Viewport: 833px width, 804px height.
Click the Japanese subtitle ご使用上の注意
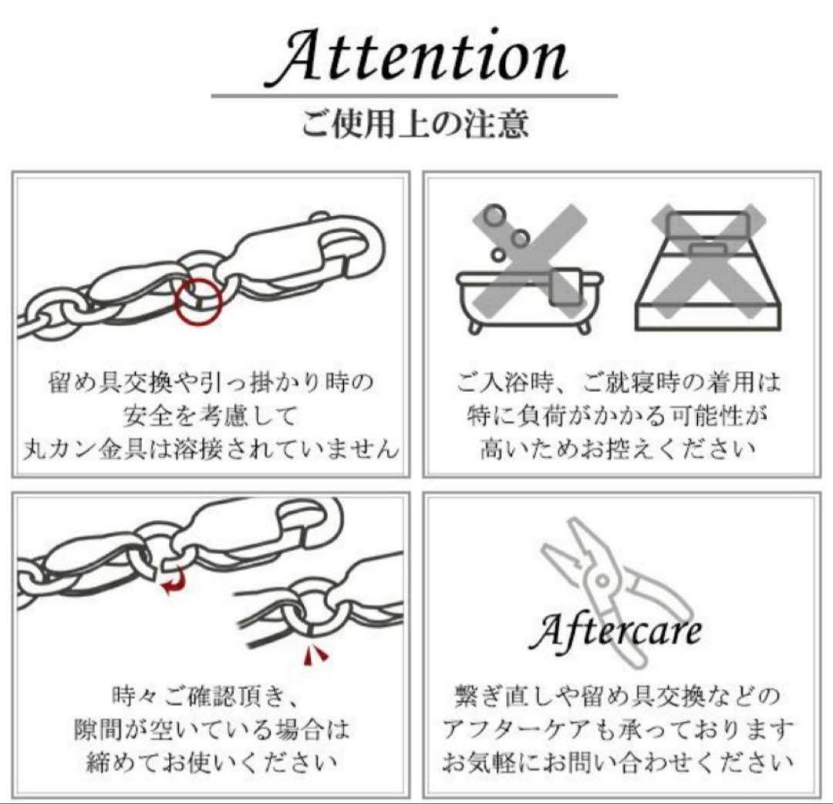(x=415, y=124)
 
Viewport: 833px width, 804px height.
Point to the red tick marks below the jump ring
(x=314, y=655)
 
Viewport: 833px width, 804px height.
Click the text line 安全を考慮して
(x=209, y=416)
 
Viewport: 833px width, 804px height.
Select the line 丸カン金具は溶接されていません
(x=209, y=448)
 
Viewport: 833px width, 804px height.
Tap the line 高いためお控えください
(x=617, y=448)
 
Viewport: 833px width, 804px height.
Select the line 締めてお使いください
(x=209, y=762)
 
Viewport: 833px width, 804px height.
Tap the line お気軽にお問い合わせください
(x=618, y=762)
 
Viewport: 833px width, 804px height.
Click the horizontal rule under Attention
(x=415, y=96)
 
